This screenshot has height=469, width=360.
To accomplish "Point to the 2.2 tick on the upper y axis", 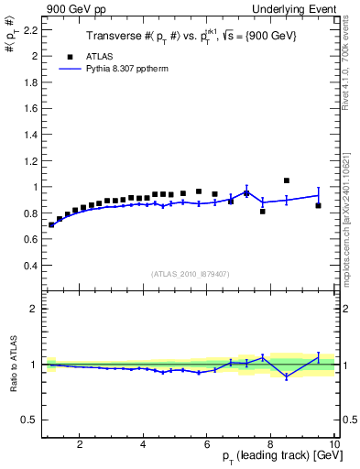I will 28,29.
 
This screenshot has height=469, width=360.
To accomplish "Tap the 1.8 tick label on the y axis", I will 28,82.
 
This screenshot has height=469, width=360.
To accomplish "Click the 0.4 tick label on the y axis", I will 28,266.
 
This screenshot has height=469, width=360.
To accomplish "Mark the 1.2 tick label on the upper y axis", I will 28,160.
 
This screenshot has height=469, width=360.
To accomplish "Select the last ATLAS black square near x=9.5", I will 318,205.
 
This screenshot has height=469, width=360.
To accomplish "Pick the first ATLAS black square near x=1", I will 51,224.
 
